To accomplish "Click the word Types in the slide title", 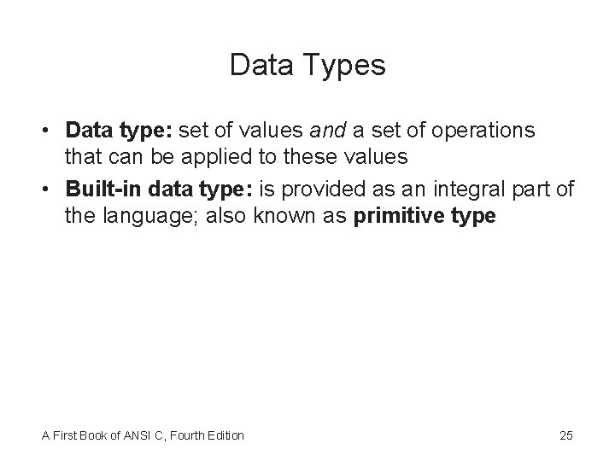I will (x=343, y=66).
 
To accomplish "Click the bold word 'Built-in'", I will (x=97, y=188).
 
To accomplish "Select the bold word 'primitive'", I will (x=394, y=215).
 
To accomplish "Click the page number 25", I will (x=565, y=435).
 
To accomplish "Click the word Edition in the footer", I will (x=227, y=435).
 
